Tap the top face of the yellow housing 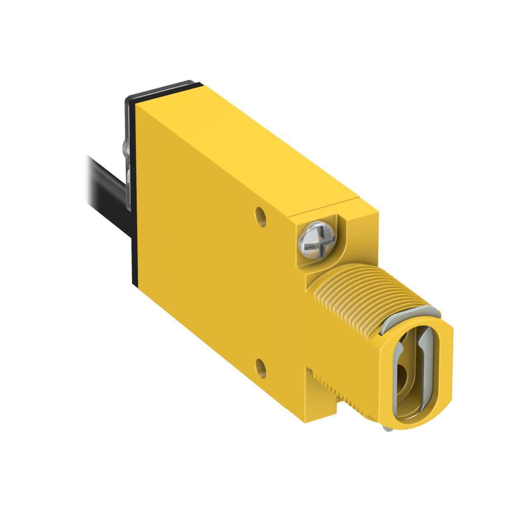coord(248,141)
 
